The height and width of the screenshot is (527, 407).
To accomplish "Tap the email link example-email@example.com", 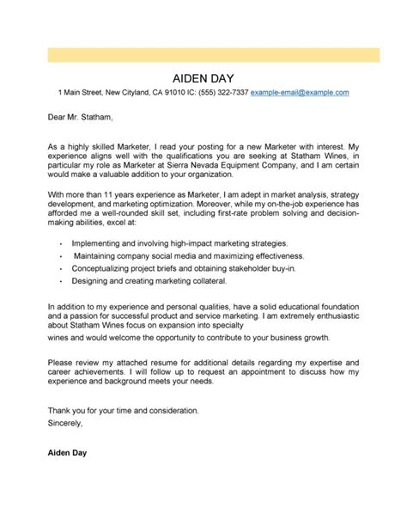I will (300, 91).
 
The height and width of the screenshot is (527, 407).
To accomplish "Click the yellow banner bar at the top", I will (203, 53).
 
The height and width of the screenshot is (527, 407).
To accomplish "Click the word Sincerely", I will (65, 424).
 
